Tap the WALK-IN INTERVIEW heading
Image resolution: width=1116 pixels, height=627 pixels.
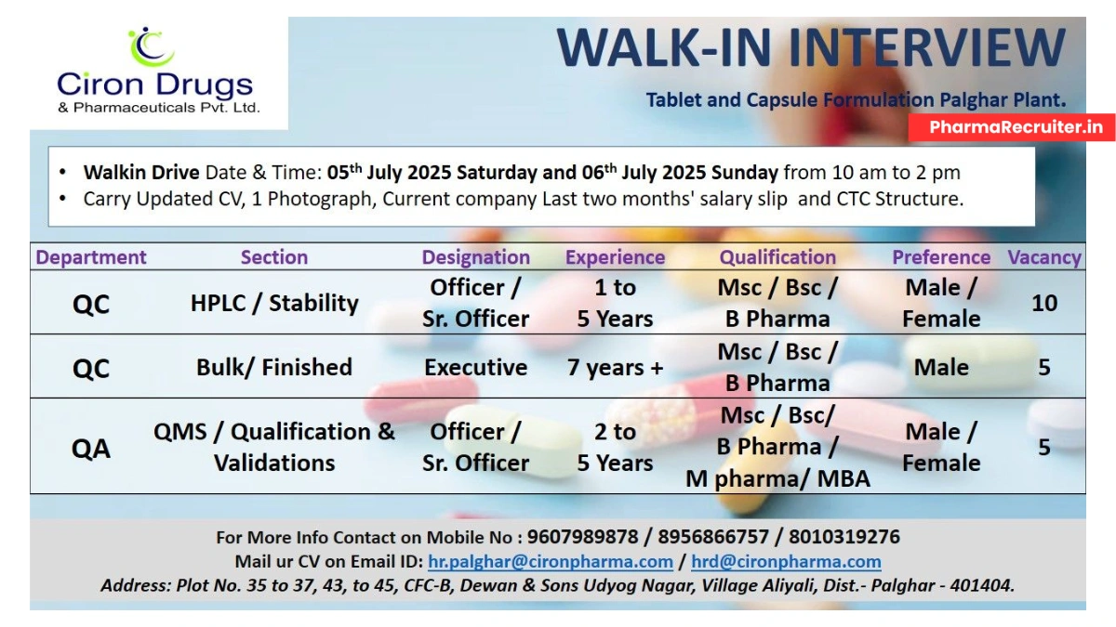pyautogui.click(x=811, y=48)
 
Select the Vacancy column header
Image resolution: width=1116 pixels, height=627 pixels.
pyautogui.click(x=1044, y=257)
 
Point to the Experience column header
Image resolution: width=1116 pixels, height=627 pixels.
pyautogui.click(x=615, y=257)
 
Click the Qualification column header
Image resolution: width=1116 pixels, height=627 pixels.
pyautogui.click(x=777, y=257)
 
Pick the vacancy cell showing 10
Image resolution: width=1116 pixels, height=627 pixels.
pyautogui.click(x=1044, y=303)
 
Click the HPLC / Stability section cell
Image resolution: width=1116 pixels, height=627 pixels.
pyautogui.click(x=274, y=303)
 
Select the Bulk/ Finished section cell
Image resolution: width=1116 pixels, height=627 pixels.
pyautogui.click(x=274, y=367)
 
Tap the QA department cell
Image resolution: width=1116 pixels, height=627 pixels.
pyautogui.click(x=91, y=449)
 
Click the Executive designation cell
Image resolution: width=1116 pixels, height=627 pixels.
pyautogui.click(x=475, y=367)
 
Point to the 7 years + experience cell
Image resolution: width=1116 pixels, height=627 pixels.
pyautogui.click(x=615, y=367)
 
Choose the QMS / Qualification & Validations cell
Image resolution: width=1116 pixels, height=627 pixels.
pyautogui.click(x=274, y=447)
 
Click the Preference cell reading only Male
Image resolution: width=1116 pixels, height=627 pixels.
pyautogui.click(x=941, y=367)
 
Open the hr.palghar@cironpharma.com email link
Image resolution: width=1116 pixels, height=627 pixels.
pyautogui.click(x=550, y=562)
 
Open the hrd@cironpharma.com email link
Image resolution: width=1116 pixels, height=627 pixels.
pyautogui.click(x=786, y=562)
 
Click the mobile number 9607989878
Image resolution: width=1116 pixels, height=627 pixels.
pyautogui.click(x=583, y=537)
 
